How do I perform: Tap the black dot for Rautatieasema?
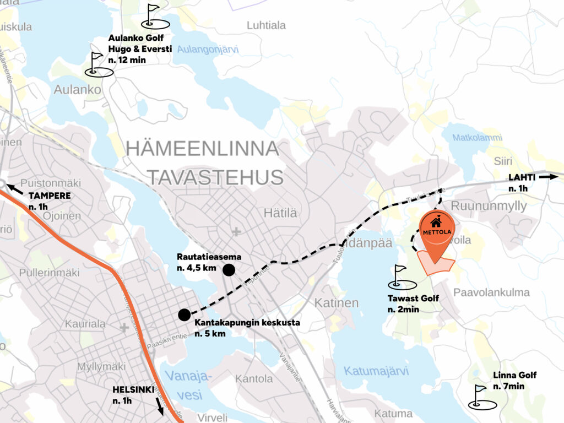(229, 269)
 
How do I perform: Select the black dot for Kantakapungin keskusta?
(184, 314)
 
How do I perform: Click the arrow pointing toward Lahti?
(549, 177)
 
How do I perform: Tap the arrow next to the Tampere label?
(15, 189)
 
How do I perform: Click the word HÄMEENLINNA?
(203, 149)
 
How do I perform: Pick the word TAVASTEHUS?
(215, 177)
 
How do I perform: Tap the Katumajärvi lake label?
(376, 371)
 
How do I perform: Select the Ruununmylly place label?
(489, 206)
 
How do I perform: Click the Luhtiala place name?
(266, 25)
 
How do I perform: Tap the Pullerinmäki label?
(49, 273)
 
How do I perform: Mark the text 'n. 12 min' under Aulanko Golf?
(127, 60)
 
